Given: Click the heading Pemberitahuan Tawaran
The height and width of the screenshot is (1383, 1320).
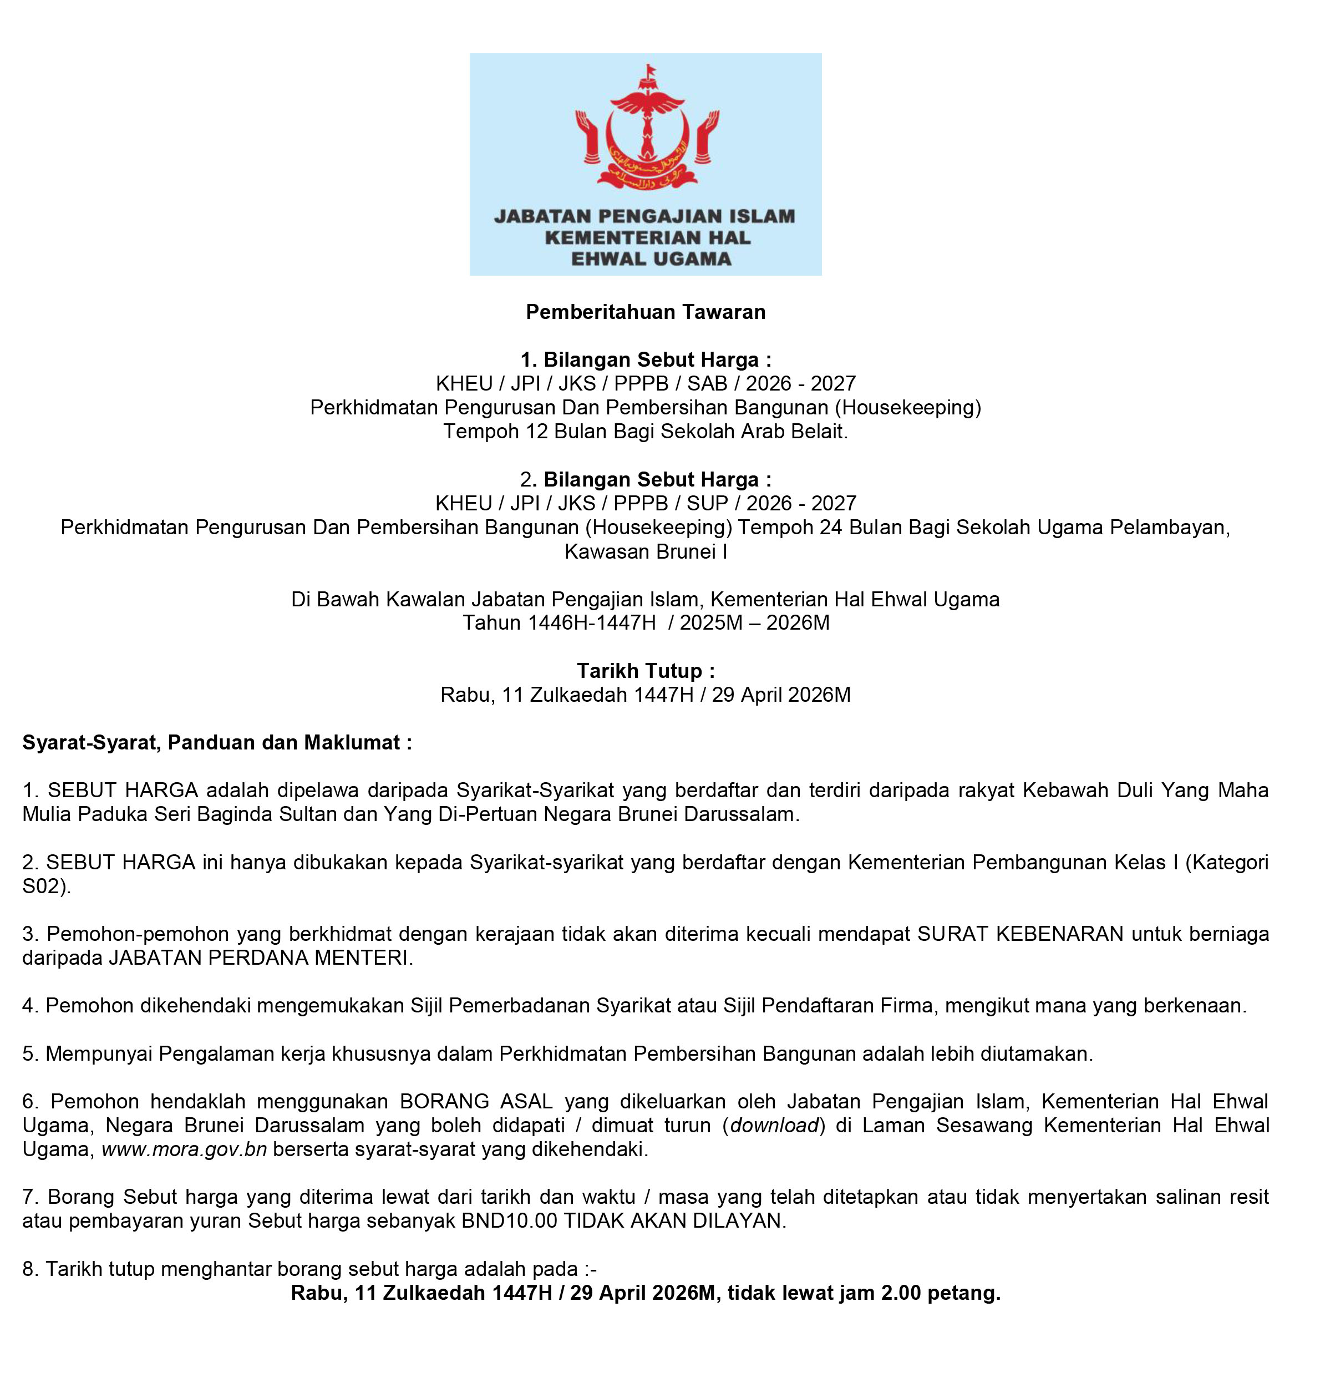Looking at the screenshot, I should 645,312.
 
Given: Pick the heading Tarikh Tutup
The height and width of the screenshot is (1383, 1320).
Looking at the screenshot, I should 645,671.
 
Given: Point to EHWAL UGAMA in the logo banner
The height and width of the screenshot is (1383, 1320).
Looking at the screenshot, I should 651,259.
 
